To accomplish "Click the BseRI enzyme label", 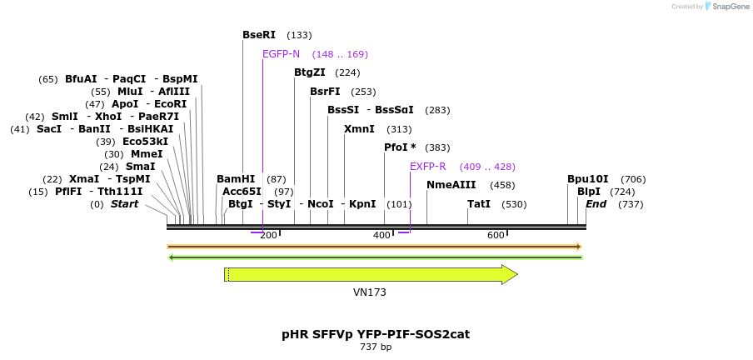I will pos(258,35).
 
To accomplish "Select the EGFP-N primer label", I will pos(281,54).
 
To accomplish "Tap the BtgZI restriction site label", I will pos(309,72).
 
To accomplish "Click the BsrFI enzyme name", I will pos(325,92).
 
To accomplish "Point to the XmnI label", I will pos(359,129).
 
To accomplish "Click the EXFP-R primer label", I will pos(427,167).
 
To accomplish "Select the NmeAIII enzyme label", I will pos(451,185).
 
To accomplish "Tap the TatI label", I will pos(479,204).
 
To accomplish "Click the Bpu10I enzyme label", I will pos(587,179).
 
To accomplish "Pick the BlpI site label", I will pos(588,192).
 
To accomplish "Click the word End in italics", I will pos(596,204).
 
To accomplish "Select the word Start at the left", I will pos(124,204).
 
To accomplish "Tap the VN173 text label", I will pos(369,292).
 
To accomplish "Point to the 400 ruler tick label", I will pos(381,236).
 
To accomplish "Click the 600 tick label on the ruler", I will pos(496,236).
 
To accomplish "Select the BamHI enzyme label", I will pos(235,179).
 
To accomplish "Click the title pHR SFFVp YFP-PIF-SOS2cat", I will pos(376,334).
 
